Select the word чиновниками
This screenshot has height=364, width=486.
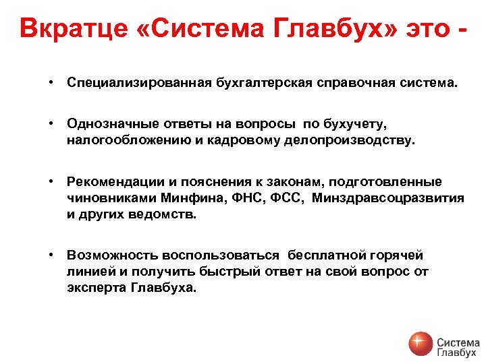pyautogui.click(x=111, y=198)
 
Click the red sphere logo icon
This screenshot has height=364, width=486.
pyautogui.click(x=420, y=344)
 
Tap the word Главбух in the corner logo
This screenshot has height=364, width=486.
pyautogui.click(x=457, y=352)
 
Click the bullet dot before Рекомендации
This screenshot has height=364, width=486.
pyautogui.click(x=51, y=182)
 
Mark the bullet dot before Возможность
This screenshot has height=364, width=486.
pyautogui.click(x=51, y=255)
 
